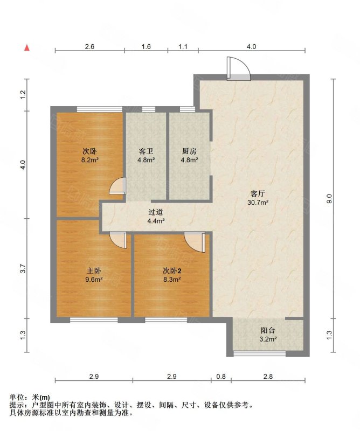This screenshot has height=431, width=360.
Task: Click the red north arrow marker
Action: pyautogui.click(x=27, y=48)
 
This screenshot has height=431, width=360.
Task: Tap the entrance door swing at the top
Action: pyautogui.click(x=239, y=68)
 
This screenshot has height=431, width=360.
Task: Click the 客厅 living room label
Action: pyautogui.click(x=258, y=194)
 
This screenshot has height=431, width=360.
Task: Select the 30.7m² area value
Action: pyautogui.click(x=258, y=203)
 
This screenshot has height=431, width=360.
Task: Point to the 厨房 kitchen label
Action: pyautogui.click(x=189, y=151)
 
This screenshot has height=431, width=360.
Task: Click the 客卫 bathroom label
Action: pyautogui.click(x=146, y=151)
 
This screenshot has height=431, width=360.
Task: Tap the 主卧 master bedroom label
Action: pyautogui.click(x=94, y=271)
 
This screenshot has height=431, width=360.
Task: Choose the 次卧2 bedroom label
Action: pyautogui.click(x=172, y=271)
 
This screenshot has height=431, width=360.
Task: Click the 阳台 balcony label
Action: pyautogui.click(x=268, y=330)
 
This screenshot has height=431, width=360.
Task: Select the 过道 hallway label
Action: pyautogui.click(x=156, y=212)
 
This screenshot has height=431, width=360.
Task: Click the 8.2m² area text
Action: pyautogui.click(x=90, y=159)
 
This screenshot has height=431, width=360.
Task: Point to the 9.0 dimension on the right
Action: pyautogui.click(x=330, y=198)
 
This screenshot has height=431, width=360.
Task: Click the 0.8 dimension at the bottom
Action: pyautogui.click(x=221, y=376)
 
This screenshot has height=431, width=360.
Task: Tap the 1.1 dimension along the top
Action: pyautogui.click(x=183, y=46)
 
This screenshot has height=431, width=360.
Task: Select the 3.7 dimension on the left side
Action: pyautogui.click(x=23, y=268)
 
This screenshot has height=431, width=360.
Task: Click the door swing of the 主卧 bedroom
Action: pyautogui.click(x=118, y=240)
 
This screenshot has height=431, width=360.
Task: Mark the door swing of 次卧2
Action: pyautogui.click(x=195, y=242)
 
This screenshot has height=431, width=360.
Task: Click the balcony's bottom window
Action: pyautogui.click(x=260, y=354)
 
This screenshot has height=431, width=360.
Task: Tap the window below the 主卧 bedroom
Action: pyautogui.click(x=94, y=320)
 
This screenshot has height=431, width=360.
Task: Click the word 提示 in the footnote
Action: pyautogui.click(x=17, y=405)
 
